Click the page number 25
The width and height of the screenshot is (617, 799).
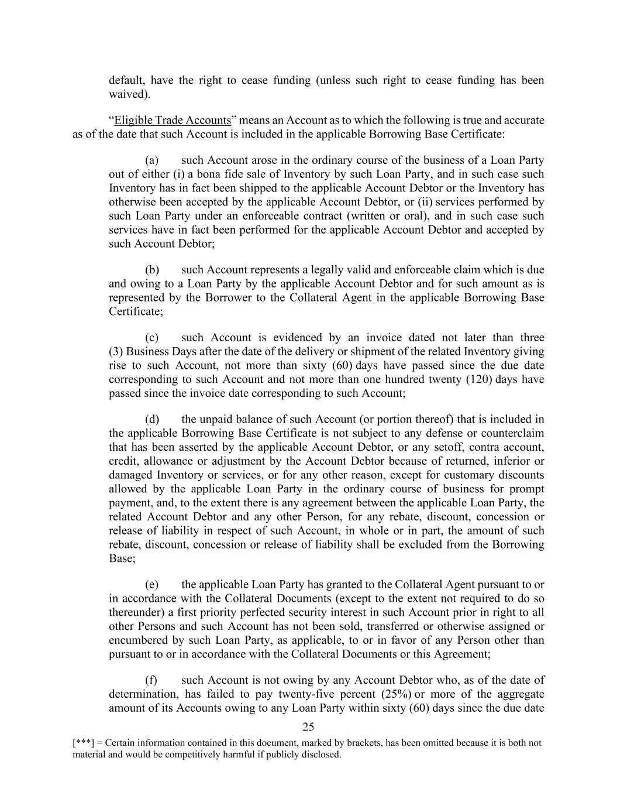coord(308,727)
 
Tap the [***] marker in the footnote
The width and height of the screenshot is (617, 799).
coord(81,743)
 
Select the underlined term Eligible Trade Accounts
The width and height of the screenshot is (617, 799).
coord(173,120)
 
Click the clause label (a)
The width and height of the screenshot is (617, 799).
coord(152,160)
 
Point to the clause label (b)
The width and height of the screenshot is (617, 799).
coord(152,270)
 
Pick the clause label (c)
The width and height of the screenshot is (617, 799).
coord(152,338)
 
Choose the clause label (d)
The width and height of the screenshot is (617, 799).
coord(152,419)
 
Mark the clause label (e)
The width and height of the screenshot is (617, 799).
coord(152,584)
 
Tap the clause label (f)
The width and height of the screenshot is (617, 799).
coord(151,680)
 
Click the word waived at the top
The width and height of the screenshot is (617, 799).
coord(127,94)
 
